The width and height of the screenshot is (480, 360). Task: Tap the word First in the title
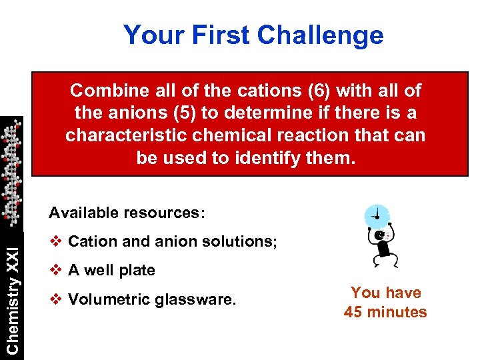222,35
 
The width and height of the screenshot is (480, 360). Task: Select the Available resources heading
127,213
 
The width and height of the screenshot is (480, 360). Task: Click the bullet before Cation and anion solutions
56,241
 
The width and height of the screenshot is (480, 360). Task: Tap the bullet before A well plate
56,271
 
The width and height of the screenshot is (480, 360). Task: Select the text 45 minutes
385,312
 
